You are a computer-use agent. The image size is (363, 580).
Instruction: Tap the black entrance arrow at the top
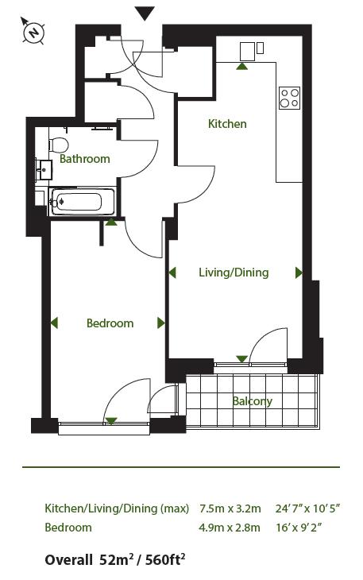pyautogui.click(x=144, y=13)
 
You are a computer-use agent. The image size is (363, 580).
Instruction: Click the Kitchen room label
pyautogui.click(x=227, y=124)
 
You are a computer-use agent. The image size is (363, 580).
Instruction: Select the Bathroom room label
pyautogui.click(x=85, y=159)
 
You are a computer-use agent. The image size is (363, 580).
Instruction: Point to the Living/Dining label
pyautogui.click(x=234, y=273)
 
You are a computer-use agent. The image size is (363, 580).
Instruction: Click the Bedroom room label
pyautogui.click(x=110, y=323)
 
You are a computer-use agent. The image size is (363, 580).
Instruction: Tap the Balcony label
pyautogui.click(x=253, y=401)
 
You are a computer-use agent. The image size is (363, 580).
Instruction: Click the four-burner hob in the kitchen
pyautogui.click(x=289, y=97)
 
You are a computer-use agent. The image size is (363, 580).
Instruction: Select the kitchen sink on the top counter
pyautogui.click(x=250, y=50)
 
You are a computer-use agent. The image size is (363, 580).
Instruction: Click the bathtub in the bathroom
pyautogui.click(x=76, y=202)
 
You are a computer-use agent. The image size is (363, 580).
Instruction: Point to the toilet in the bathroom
pyautogui.click(x=57, y=145)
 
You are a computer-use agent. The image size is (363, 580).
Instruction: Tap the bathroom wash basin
pyautogui.click(x=42, y=169)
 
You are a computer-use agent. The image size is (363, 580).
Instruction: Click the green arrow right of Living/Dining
pyautogui.click(x=299, y=273)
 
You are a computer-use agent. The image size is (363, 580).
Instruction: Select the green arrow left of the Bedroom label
pyautogui.click(x=55, y=323)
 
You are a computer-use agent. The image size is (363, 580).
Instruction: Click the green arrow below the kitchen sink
pyautogui.click(x=241, y=67)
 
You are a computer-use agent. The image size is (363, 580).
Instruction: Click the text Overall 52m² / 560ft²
pyautogui.click(x=114, y=560)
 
